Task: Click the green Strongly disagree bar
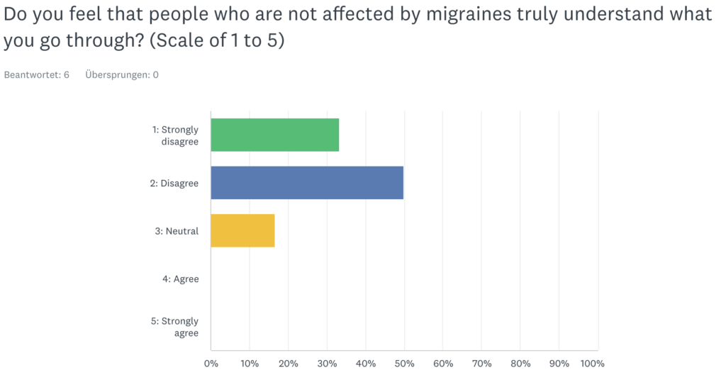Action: [x=274, y=135]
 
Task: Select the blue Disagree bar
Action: [x=307, y=183]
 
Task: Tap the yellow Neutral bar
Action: [x=242, y=230]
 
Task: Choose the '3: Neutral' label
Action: [x=177, y=231]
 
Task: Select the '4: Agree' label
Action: [x=181, y=279]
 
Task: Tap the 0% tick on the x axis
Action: [x=211, y=364]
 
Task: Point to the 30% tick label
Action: [x=327, y=364]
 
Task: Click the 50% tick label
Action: [x=404, y=364]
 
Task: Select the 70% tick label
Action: [x=481, y=364]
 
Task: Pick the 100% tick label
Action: [x=592, y=364]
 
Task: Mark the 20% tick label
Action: [x=288, y=364]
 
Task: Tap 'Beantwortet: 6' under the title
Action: [x=37, y=74]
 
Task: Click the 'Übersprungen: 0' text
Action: [x=122, y=74]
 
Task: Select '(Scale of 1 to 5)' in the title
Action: [x=218, y=41]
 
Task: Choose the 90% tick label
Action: [x=559, y=364]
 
